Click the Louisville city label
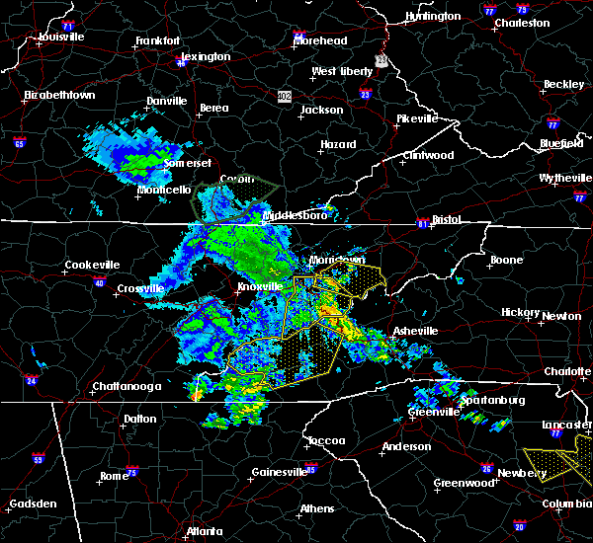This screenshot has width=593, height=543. (61, 38)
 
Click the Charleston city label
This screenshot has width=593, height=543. (522, 23)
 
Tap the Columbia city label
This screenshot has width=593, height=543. (566, 504)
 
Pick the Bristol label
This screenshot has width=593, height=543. (448, 219)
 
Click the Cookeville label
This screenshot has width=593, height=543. (92, 265)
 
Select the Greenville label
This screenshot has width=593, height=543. (433, 411)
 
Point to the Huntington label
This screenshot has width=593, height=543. (433, 17)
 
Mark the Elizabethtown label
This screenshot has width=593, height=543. (59, 95)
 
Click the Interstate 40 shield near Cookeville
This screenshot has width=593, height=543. (99, 283)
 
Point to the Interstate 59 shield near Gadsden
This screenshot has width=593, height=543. (39, 458)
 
